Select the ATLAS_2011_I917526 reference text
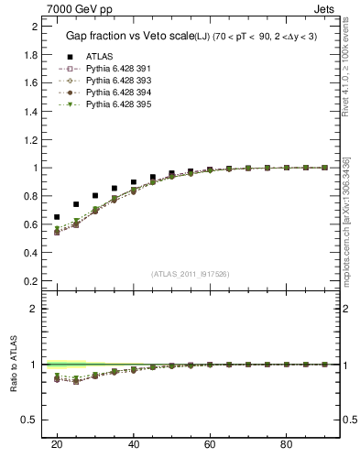tap(190, 274)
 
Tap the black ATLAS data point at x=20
tap(57, 217)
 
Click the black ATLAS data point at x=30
tap(95, 195)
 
